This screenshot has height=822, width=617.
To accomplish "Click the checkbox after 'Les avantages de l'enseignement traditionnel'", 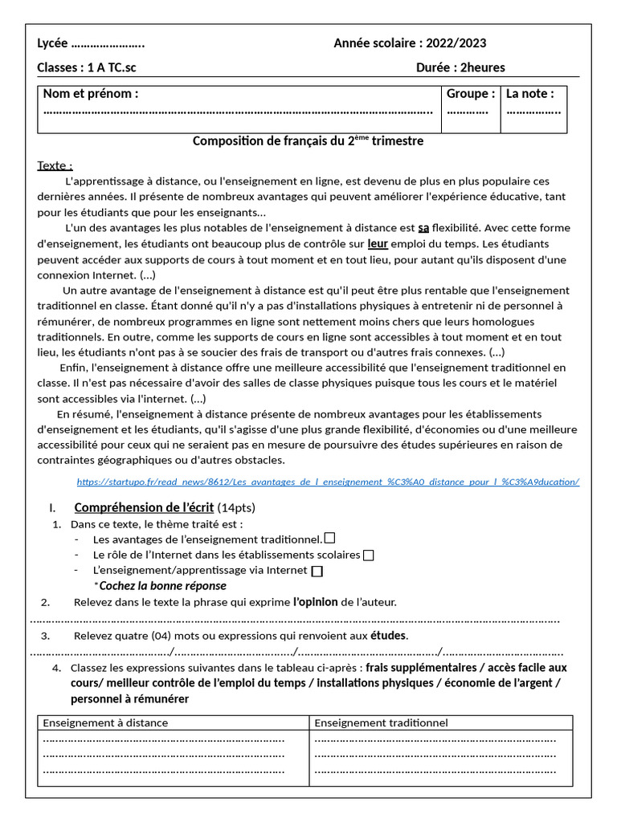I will (329, 539).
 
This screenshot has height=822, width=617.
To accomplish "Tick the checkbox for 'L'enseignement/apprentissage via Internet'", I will (317, 571).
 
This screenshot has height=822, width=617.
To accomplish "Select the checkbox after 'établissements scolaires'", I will (368, 555).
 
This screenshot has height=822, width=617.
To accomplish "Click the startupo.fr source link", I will (328, 482).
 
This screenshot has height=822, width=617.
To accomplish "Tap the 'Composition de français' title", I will (308, 141).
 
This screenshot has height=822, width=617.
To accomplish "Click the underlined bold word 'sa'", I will (423, 228).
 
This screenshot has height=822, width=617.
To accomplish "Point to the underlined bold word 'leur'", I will (378, 243).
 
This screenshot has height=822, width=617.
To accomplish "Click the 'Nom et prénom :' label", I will (91, 94).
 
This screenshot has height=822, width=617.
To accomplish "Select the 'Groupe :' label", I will (471, 94).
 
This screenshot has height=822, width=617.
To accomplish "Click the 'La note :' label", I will (529, 94).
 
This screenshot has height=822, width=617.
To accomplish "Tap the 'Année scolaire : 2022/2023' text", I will (410, 43).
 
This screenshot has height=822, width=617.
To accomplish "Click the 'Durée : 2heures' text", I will (460, 67).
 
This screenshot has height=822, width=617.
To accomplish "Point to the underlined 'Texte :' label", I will (55, 165).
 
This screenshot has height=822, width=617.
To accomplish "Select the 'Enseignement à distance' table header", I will (105, 722).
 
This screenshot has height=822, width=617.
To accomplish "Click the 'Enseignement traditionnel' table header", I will (381, 722).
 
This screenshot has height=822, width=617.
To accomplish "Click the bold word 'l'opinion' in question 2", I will (315, 602).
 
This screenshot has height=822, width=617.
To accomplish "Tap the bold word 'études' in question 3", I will (388, 636).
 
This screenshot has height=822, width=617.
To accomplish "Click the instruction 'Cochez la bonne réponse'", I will (162, 586).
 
